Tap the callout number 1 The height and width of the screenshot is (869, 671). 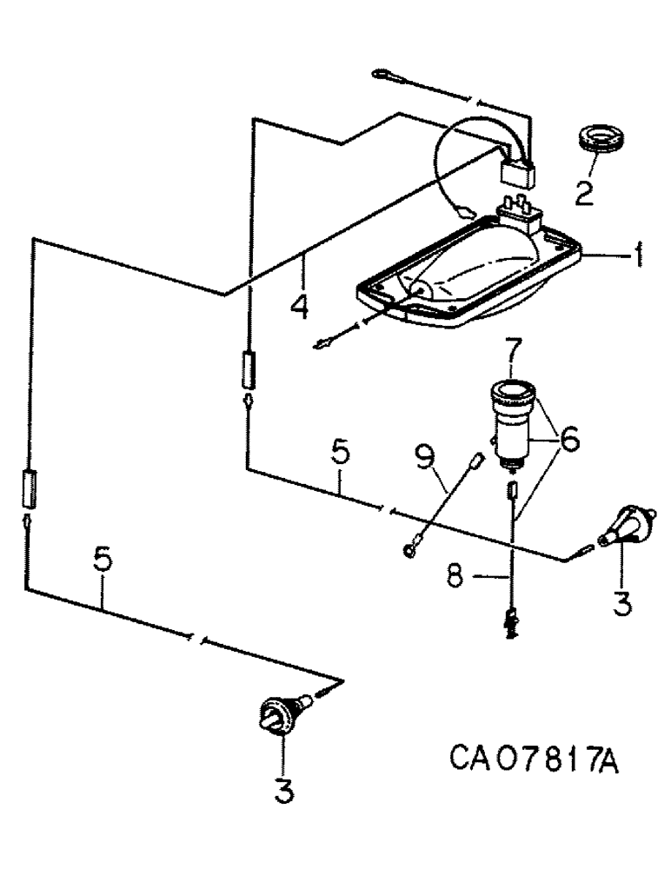[x=636, y=258]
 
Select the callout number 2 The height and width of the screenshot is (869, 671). [x=583, y=191]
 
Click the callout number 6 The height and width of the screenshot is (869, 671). [x=569, y=441]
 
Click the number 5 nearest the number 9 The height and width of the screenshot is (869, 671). [x=340, y=454]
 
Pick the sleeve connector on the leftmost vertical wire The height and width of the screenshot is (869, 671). [x=29, y=488]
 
